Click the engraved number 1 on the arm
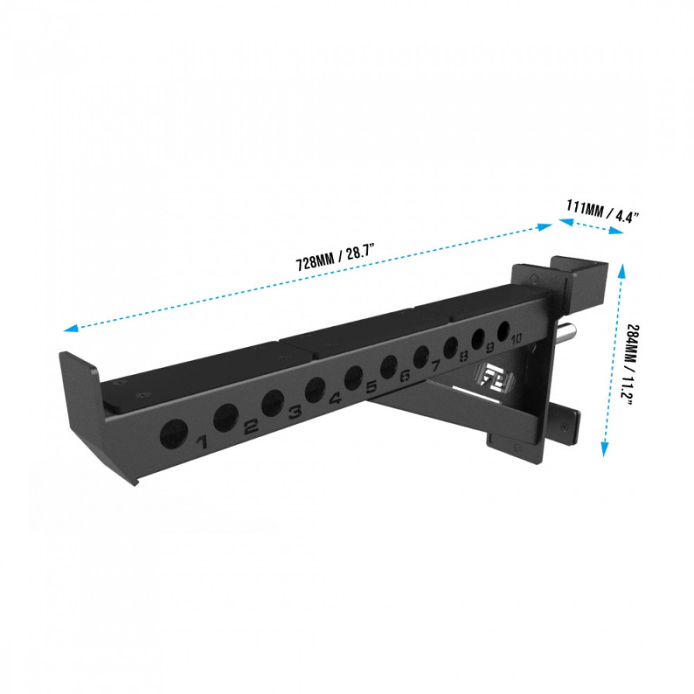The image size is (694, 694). pyautogui.click(x=203, y=442)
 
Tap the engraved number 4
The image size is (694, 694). pyautogui.click(x=335, y=399)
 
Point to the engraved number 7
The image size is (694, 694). pyautogui.click(x=436, y=365)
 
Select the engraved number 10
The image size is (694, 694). pyautogui.click(x=515, y=338)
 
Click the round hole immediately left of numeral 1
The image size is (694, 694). pyautogui.click(x=173, y=434)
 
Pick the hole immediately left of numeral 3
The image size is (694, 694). pyautogui.click(x=272, y=403)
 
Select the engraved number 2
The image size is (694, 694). pyautogui.click(x=251, y=426)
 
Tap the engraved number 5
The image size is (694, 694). pyautogui.click(x=372, y=387)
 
